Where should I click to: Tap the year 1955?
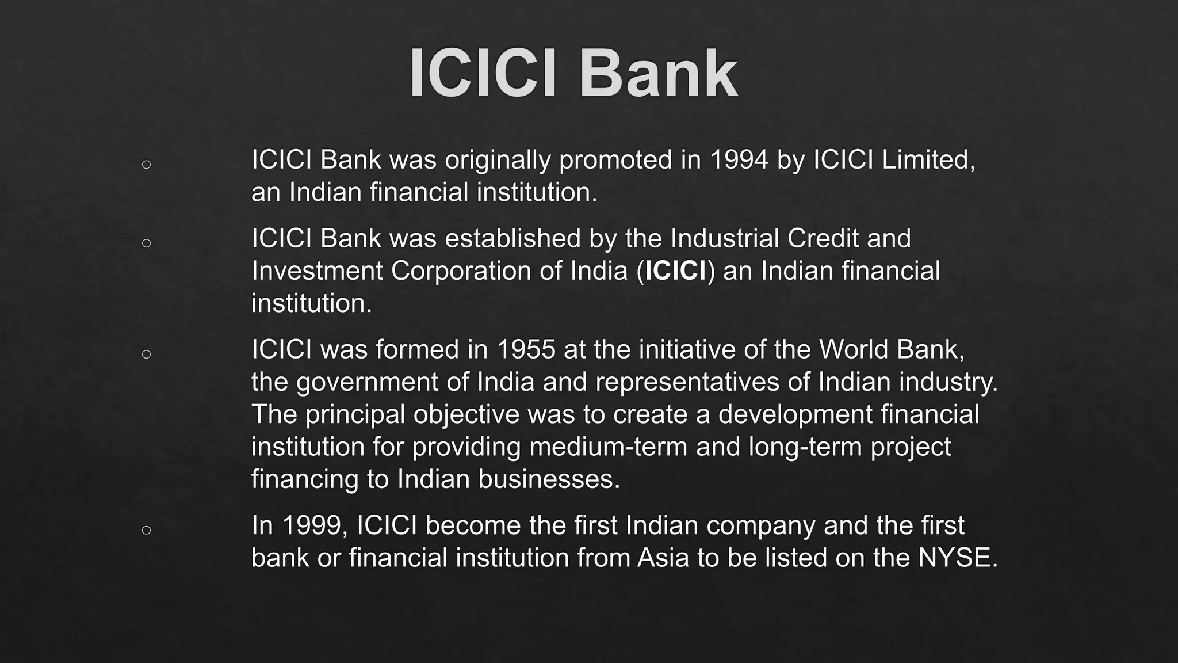click(x=526, y=350)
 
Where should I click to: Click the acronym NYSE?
click(x=957, y=558)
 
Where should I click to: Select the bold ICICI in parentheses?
click(x=676, y=271)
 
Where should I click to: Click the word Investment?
click(x=317, y=271)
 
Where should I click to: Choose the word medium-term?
click(x=608, y=447)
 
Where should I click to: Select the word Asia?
click(x=663, y=558)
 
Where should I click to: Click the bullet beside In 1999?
click(x=146, y=530)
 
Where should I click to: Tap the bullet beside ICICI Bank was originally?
click(x=146, y=165)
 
